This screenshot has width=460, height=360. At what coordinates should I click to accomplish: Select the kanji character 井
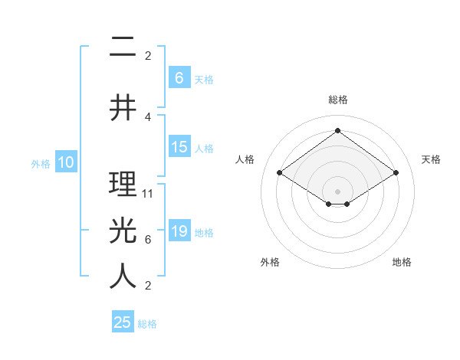[x=123, y=107]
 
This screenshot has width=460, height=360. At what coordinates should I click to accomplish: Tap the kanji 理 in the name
[x=123, y=184]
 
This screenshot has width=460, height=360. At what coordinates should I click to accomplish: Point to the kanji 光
[x=123, y=230]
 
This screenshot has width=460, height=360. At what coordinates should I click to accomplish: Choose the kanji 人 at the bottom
[x=123, y=277]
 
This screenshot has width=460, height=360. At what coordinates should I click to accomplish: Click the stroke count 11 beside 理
[x=148, y=194]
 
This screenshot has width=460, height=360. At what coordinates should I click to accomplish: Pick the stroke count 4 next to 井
[x=148, y=116]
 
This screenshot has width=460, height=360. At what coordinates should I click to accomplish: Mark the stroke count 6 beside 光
[x=148, y=240]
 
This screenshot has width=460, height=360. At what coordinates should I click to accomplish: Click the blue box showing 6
[x=179, y=77]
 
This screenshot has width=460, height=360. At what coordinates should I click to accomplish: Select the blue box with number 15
[x=179, y=147]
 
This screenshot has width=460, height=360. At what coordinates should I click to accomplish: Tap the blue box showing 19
[x=179, y=231]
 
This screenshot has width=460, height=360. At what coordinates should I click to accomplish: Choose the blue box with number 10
[x=66, y=162]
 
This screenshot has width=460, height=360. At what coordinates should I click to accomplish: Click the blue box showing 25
[x=123, y=322]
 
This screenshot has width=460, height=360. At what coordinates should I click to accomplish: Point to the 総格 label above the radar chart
[x=337, y=100]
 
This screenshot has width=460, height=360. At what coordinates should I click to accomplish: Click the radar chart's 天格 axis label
[x=431, y=159]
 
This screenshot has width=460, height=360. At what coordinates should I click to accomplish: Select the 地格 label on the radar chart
[x=402, y=262]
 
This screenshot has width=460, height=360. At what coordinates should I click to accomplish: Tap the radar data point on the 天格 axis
[x=396, y=173]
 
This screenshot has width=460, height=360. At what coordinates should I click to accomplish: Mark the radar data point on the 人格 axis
[x=280, y=173]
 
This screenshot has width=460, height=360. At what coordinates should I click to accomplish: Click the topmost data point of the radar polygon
[x=337, y=130]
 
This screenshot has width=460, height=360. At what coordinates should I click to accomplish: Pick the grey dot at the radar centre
[x=337, y=191]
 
